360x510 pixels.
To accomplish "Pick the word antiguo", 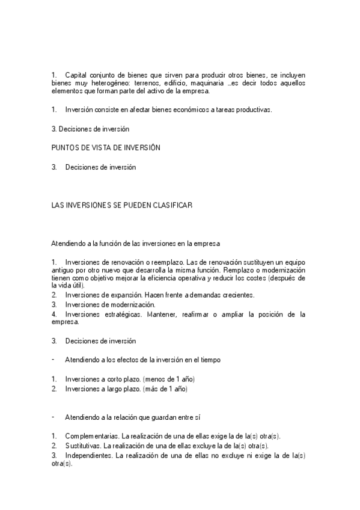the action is [63, 270].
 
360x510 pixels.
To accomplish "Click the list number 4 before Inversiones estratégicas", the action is [53, 314].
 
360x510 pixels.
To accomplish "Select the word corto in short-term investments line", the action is [118, 379].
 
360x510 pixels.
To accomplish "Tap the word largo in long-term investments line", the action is [118, 389].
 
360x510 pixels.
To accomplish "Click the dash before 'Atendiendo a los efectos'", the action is [53, 360].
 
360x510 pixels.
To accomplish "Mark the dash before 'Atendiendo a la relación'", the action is [53, 417].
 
